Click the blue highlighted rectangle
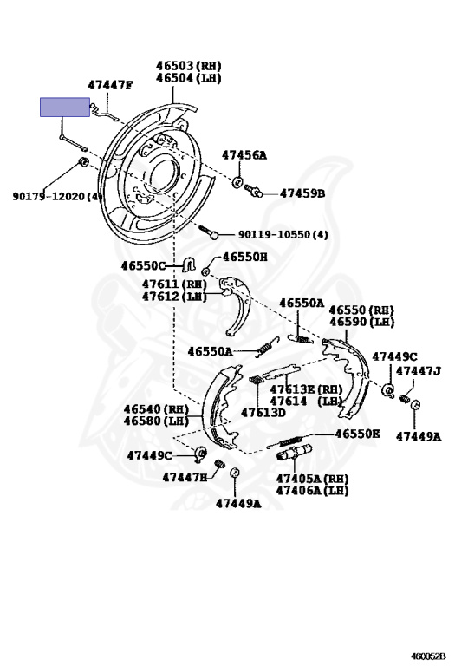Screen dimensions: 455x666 [x=65, y=107]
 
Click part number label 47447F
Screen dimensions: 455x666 [x=110, y=85]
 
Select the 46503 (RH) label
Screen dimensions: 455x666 [x=189, y=65]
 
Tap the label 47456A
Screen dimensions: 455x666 [x=244, y=155]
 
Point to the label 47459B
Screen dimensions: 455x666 [x=302, y=193]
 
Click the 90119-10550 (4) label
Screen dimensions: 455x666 [x=283, y=234]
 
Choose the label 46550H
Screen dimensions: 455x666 [x=245, y=257]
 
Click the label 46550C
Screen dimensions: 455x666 [x=144, y=266]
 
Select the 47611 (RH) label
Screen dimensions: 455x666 [x=174, y=284]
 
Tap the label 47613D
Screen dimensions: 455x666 [x=263, y=413]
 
